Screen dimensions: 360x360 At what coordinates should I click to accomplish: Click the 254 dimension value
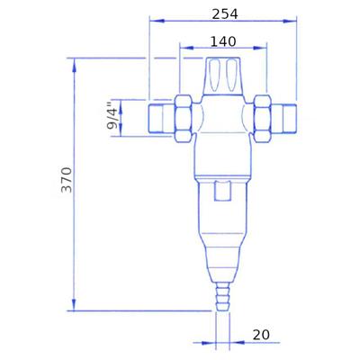225,14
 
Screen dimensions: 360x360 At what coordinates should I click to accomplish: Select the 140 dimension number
223,41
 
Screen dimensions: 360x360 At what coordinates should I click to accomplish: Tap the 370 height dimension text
67,180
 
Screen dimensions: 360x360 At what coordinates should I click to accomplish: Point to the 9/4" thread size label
112,115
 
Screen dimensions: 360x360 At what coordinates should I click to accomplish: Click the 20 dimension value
261,335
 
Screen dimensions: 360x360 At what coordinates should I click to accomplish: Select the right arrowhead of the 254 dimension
289,21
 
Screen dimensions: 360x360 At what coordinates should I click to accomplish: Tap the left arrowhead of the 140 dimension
187,48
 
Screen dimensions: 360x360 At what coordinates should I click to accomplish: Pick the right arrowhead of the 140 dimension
259,48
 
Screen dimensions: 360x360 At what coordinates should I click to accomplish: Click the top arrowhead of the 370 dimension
75,65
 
